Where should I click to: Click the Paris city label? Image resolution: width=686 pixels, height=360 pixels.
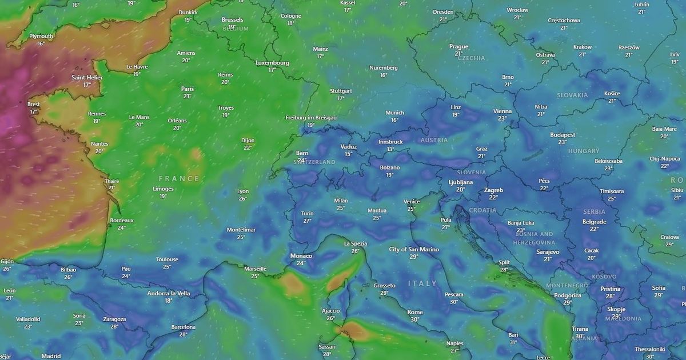click(x=188, y=89)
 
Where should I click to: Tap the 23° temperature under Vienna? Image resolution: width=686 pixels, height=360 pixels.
click(x=502, y=118)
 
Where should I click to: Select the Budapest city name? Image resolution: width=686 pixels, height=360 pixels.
click(x=562, y=135)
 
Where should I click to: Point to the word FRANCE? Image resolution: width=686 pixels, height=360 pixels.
click(x=179, y=179)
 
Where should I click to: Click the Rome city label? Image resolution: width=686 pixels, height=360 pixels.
click(x=415, y=312)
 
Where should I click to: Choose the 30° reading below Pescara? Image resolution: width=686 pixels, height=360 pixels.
click(x=454, y=302)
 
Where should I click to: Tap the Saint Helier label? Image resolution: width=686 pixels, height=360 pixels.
click(x=87, y=77)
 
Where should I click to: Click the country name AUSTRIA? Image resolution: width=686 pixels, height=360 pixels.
click(x=434, y=140)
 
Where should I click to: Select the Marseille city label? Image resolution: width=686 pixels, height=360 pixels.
click(x=255, y=269)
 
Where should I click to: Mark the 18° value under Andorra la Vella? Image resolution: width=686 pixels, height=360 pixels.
click(x=168, y=301)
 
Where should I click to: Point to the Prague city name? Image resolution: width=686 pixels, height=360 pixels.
click(x=458, y=46)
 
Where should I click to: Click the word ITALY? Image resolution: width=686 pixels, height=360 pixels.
click(x=422, y=283)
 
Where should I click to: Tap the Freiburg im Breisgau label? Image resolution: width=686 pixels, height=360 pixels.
click(x=311, y=118)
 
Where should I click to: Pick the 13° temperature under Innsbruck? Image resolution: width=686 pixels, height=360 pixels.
click(x=390, y=149)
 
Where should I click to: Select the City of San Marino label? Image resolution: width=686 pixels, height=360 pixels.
click(x=414, y=249)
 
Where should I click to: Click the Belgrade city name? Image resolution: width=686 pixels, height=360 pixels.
click(x=594, y=222)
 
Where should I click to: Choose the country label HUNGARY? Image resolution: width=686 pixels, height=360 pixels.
click(x=584, y=151)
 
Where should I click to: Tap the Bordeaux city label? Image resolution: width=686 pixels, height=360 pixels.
click(x=122, y=220)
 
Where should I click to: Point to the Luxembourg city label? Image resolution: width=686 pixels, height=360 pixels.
click(x=272, y=63)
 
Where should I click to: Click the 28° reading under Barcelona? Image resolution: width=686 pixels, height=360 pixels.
click(x=183, y=334)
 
